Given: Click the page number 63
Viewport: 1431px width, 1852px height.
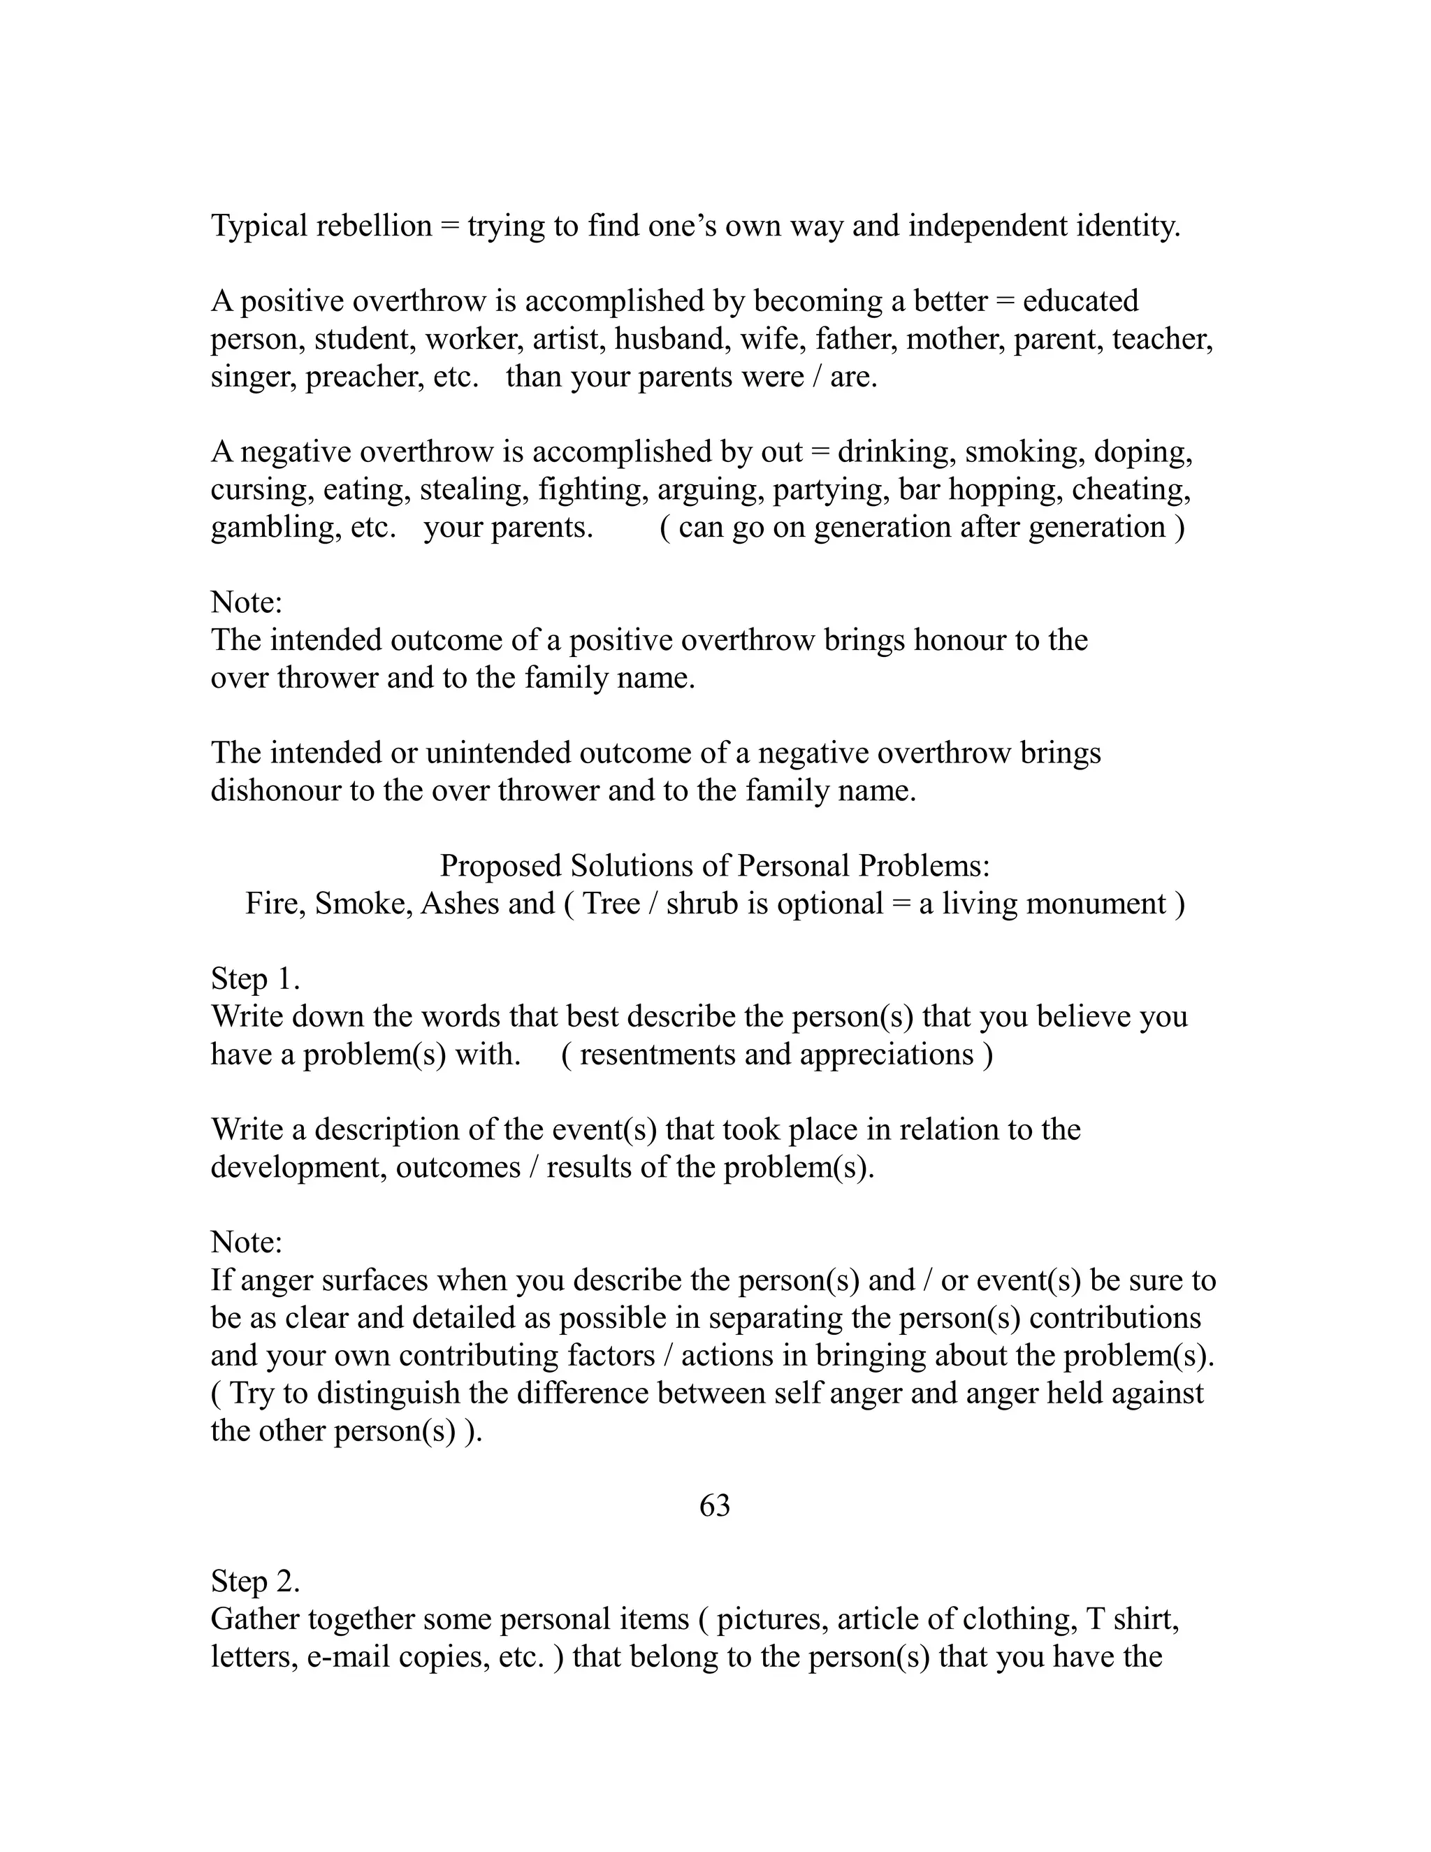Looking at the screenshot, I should pyautogui.click(x=714, y=1505).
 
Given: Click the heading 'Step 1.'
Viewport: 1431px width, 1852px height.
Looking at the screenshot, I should pyautogui.click(x=255, y=978).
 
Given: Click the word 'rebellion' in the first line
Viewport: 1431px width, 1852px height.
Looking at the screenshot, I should pyautogui.click(x=374, y=226).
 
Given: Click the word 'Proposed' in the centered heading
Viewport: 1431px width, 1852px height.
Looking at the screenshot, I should pyautogui.click(x=501, y=866).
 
